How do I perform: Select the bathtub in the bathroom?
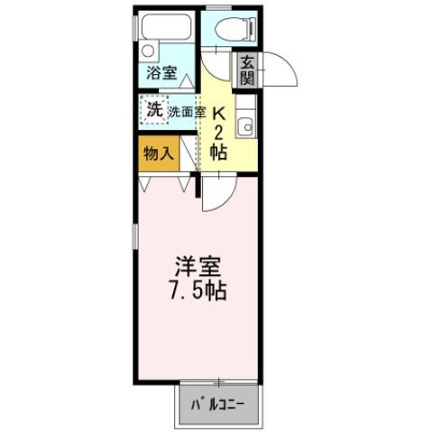(x=167, y=27)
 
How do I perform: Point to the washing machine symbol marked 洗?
(x=154, y=111)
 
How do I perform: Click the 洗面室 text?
(x=188, y=113)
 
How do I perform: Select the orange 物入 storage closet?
(x=158, y=153)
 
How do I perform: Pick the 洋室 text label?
(x=198, y=268)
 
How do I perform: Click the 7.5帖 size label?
(x=198, y=292)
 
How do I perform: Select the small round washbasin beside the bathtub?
(x=149, y=50)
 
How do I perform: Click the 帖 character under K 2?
(x=217, y=152)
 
